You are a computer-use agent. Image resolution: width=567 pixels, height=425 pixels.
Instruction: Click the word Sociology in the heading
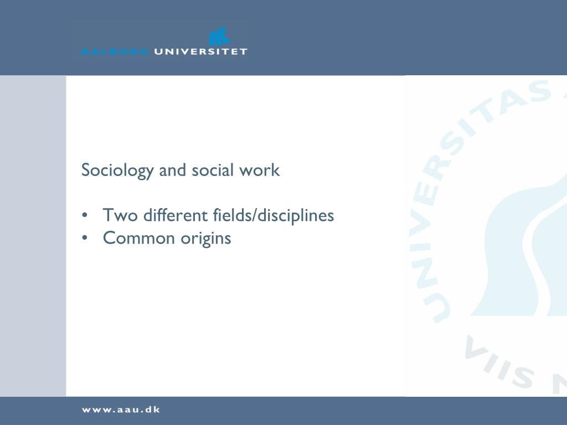coord(117,170)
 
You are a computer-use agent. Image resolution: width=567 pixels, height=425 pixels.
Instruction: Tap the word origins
coord(205,239)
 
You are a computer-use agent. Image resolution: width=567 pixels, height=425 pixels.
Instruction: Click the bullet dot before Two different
coord(85,215)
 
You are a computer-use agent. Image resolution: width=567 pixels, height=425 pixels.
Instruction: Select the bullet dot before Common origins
coord(85,239)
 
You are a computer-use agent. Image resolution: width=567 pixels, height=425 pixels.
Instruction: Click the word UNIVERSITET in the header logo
coord(200,51)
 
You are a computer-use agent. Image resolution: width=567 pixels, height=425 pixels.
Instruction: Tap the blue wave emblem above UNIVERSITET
coord(219,38)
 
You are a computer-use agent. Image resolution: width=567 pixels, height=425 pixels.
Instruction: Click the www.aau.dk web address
coord(121,410)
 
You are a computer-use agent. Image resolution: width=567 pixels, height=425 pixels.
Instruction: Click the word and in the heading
coord(172,170)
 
